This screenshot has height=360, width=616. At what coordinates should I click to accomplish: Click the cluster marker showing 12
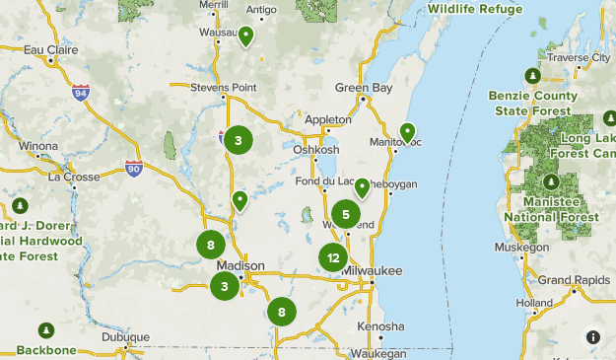[333, 258]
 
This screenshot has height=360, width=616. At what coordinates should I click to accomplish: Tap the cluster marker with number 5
[345, 214]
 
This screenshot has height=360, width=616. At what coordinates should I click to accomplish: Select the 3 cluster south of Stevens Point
[238, 141]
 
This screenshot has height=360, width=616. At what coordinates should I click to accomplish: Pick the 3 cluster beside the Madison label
[225, 287]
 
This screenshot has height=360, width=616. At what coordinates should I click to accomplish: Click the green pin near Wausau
[244, 36]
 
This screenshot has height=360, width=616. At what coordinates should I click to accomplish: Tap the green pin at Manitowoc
[407, 132]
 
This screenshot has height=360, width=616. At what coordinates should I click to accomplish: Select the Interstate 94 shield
[81, 94]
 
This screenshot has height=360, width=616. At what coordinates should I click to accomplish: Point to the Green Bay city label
[363, 87]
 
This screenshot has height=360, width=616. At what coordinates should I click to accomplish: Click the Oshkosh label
[315, 149]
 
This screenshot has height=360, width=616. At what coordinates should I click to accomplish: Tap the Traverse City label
[579, 58]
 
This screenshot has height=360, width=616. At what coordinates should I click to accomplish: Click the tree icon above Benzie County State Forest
[532, 76]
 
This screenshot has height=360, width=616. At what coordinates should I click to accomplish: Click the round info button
[592, 336]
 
